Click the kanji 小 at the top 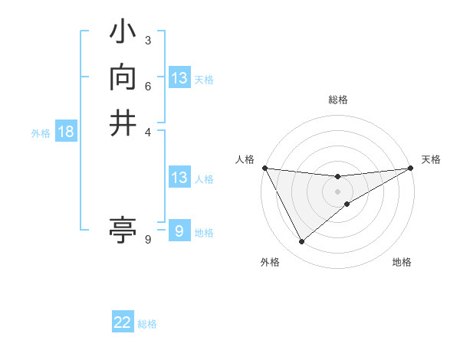click(123, 34)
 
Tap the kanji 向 click(123, 79)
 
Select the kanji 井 click(123, 123)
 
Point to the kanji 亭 click(123, 228)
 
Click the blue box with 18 click(66, 133)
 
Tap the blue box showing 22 click(123, 322)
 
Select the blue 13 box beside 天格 click(179, 78)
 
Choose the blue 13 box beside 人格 click(179, 178)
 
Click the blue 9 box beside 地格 click(179, 231)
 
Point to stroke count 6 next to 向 click(148, 85)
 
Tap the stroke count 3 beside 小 click(148, 41)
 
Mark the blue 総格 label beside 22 click(147, 324)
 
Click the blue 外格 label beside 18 click(41, 133)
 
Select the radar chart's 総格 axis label click(337, 100)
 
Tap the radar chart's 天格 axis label click(431, 159)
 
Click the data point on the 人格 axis click(264, 168)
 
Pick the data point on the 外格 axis click(301, 242)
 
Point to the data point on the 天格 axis click(411, 168)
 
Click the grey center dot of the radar click(337, 191)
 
